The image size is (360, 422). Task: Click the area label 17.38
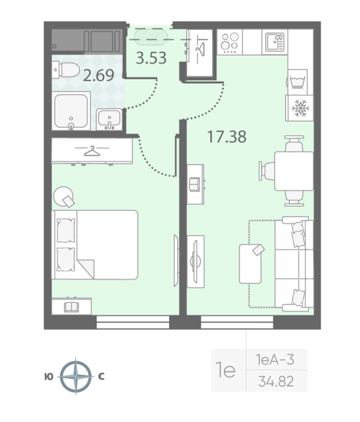click(227, 137)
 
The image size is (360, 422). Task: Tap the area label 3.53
click(151, 58)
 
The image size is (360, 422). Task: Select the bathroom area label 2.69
click(99, 75)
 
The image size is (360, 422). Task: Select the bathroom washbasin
click(110, 119)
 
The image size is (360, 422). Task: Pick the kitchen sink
click(274, 41)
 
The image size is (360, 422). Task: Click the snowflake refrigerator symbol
click(300, 108)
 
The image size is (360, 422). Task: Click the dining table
click(293, 170)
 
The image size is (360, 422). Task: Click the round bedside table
click(64, 197)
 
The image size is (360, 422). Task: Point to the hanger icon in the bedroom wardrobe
click(92, 151)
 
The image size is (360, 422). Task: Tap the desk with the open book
click(71, 306)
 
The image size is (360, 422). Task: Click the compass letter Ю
click(48, 377)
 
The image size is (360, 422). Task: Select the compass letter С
click(101, 377)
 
